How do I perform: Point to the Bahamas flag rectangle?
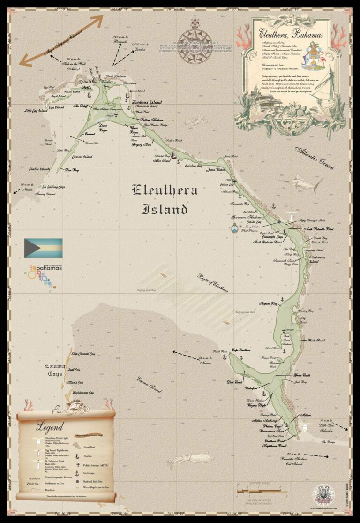43,248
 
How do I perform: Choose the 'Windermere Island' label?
320,258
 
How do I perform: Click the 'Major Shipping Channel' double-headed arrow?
61,41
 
